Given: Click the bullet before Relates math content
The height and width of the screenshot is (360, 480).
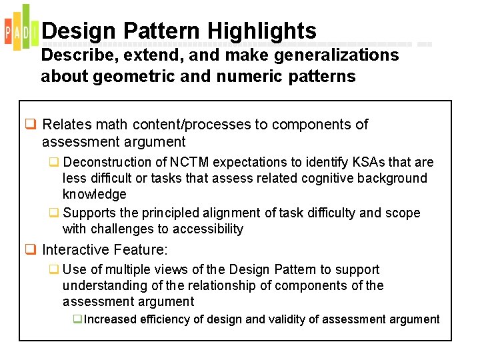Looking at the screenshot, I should pos(31,125).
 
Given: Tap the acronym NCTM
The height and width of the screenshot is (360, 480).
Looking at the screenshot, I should pos(189,162).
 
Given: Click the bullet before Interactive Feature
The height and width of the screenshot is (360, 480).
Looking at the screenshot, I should pos(31,250).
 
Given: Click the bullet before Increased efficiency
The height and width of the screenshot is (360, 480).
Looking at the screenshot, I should pos(78,319).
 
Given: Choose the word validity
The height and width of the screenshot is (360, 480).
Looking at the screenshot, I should pos(289,319).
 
